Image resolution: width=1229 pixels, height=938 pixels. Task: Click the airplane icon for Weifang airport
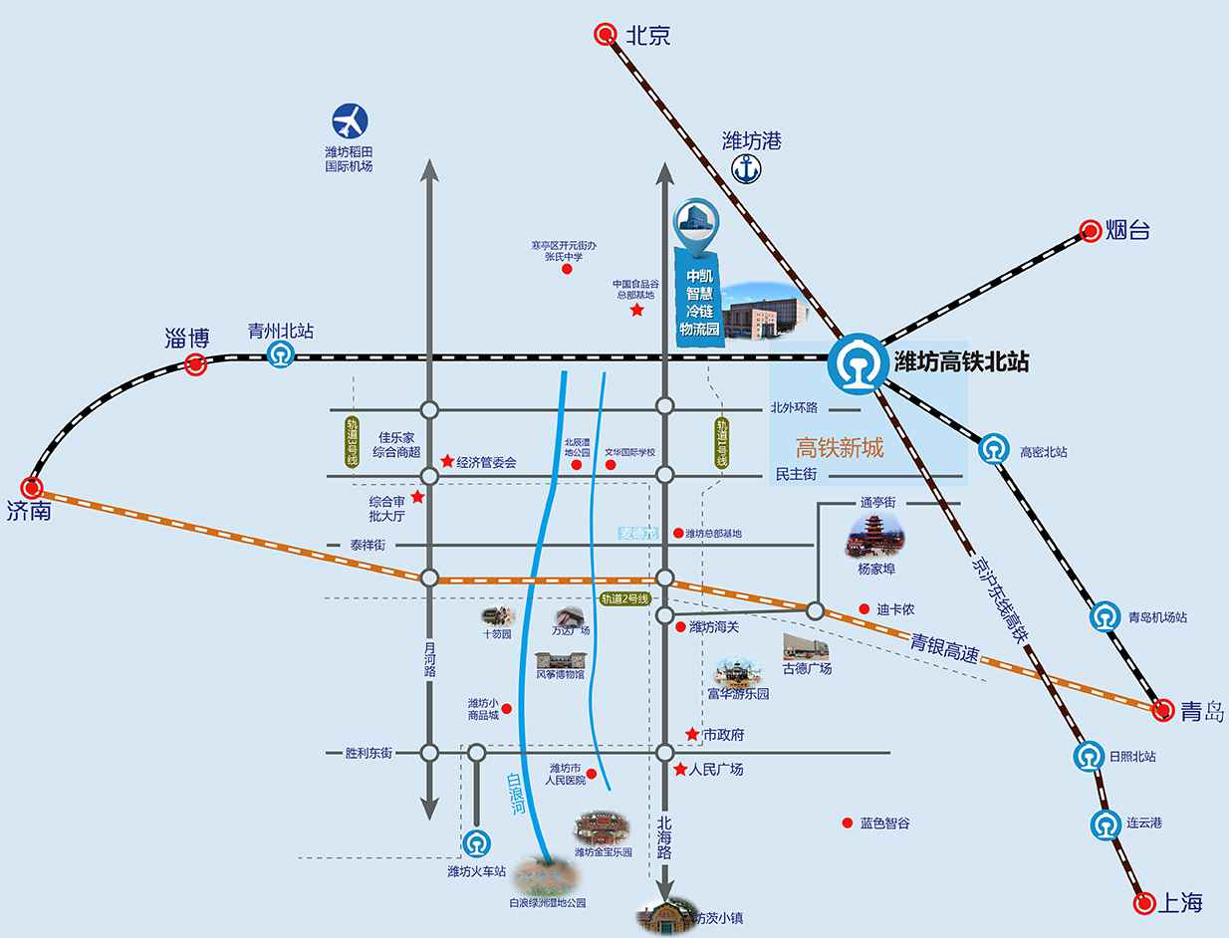(x=349, y=122)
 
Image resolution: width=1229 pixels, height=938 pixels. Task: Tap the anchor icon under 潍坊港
(x=747, y=169)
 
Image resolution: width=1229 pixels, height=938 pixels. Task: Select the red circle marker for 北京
(x=605, y=36)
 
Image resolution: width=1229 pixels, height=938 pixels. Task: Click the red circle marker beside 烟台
(x=1089, y=231)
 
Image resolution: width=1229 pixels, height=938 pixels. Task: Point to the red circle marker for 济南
(x=34, y=488)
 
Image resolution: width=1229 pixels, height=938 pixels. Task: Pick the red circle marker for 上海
(x=1145, y=903)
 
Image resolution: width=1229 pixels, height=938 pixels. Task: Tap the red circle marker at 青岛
(x=1162, y=710)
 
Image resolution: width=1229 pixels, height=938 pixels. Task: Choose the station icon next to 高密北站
(x=991, y=450)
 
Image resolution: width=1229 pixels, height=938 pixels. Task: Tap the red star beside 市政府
(x=691, y=734)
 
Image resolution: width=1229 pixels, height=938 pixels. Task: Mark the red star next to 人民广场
(x=680, y=770)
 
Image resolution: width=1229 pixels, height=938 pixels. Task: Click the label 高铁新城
(x=839, y=448)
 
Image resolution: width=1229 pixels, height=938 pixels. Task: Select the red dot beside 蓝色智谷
(x=847, y=822)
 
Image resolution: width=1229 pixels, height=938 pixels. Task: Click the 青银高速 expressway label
(x=944, y=651)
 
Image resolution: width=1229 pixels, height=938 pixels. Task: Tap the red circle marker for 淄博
(x=196, y=365)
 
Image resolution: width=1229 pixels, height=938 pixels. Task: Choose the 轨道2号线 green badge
(x=624, y=598)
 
